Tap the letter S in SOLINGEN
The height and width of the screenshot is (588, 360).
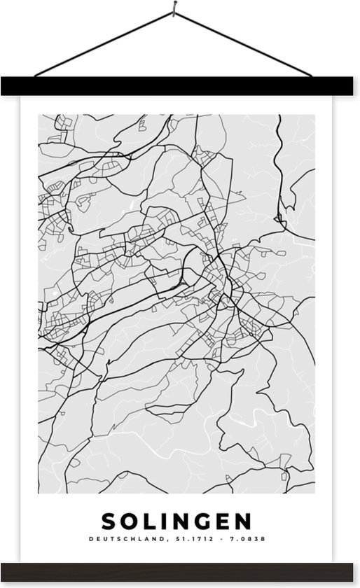click(x=111, y=521)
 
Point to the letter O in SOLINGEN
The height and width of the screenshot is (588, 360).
click(x=132, y=521)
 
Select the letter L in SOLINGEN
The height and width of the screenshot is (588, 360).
click(x=150, y=521)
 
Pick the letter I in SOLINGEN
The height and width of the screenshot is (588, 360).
click(x=164, y=521)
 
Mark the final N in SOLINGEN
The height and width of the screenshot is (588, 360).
click(x=242, y=521)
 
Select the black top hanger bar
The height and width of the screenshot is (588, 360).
click(x=179, y=86)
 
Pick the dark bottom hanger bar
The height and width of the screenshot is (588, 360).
click(x=179, y=571)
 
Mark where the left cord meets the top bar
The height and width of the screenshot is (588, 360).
click(x=34, y=76)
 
